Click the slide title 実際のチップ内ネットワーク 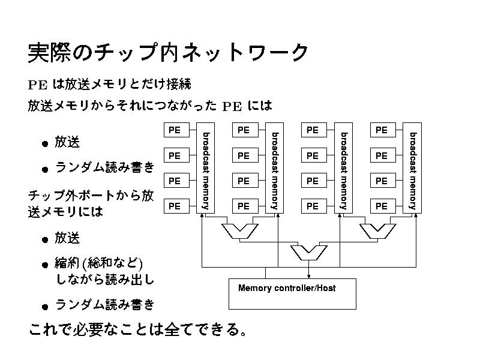tap(169, 53)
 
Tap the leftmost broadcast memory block tap(205, 169)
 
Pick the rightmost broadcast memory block tap(412, 169)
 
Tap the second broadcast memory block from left tap(274, 169)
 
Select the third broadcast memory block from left tap(343, 169)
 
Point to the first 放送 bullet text tap(67, 142)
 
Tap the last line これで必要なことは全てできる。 tap(137, 330)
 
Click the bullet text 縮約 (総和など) tap(98, 263)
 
